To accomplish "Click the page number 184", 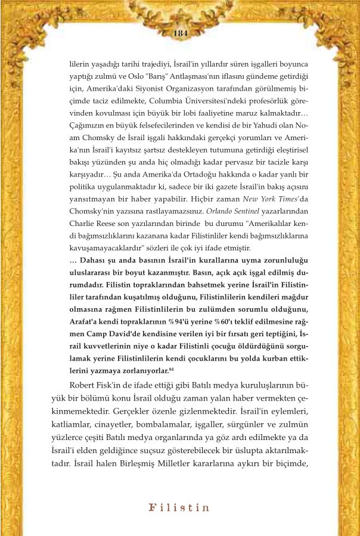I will pyautogui.click(x=180, y=33).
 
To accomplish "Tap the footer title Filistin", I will pyautogui.click(x=180, y=508).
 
